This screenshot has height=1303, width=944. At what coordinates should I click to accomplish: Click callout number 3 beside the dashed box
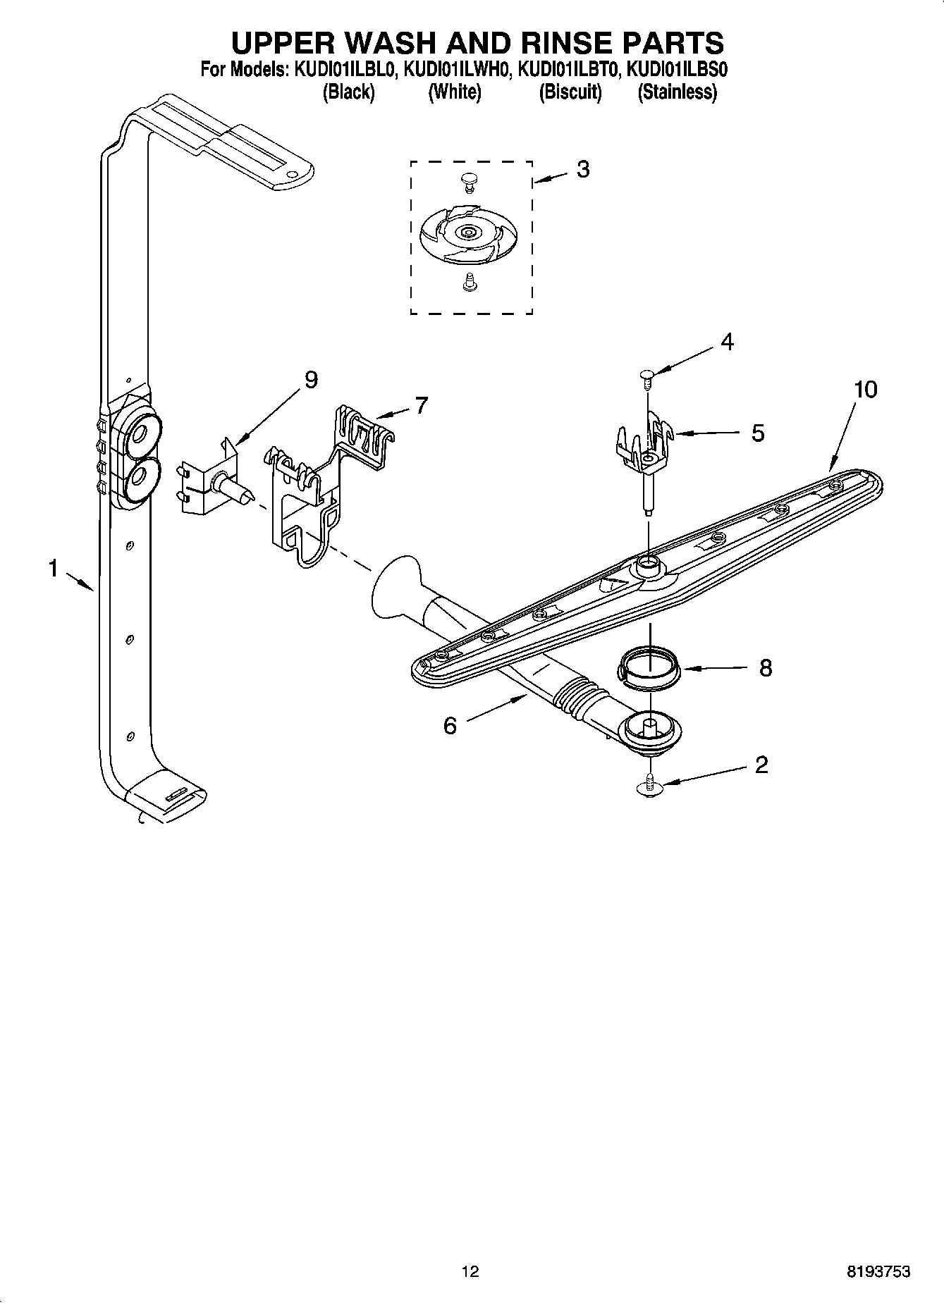pos(582,169)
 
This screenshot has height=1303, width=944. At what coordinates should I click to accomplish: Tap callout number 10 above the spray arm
pos(865,389)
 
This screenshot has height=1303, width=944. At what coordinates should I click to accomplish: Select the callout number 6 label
pos(450,725)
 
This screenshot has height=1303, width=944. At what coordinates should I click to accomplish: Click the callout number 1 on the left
pos(53,568)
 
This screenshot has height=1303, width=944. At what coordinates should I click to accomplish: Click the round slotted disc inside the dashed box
pos(467,232)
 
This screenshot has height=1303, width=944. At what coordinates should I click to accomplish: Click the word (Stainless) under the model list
pos(677,92)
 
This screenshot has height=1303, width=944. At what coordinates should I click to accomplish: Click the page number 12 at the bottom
pos(470,1271)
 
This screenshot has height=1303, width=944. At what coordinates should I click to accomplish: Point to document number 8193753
pos(878,1271)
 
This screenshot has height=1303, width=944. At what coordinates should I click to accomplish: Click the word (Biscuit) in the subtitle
pos(570,92)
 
